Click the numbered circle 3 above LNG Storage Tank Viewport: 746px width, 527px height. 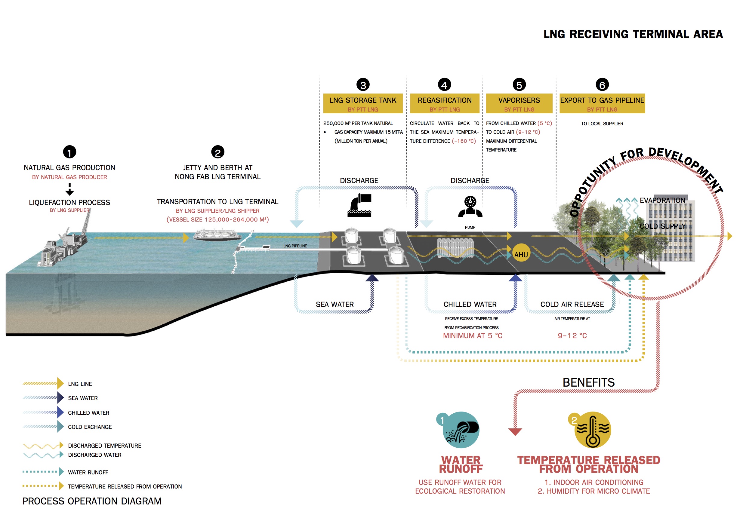[363, 85]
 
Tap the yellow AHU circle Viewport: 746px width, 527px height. [521, 253]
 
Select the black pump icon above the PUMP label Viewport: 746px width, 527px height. [470, 207]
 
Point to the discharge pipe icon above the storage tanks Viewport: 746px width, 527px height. [360, 205]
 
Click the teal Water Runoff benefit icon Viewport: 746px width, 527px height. [461, 430]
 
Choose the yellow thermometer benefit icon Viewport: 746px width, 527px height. [593, 430]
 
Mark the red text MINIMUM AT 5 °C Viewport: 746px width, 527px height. [473, 336]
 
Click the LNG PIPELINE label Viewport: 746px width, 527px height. [295, 246]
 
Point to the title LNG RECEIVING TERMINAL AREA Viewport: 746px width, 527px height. [633, 34]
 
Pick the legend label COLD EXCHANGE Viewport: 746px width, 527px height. [90, 427]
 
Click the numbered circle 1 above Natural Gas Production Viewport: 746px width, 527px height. [69, 152]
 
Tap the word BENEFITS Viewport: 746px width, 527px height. [588, 382]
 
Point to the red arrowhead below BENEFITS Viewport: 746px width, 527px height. [515, 431]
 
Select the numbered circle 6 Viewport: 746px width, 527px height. [602, 85]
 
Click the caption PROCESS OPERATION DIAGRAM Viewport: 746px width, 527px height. [92, 501]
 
